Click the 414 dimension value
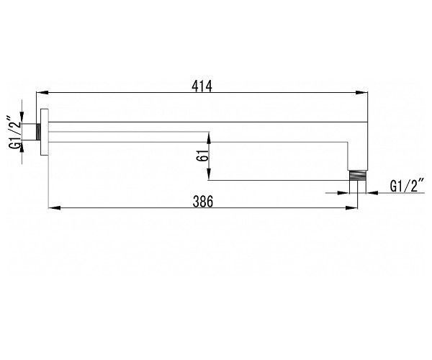(x=202, y=86)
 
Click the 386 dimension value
(x=203, y=202)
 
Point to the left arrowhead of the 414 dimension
(x=42, y=93)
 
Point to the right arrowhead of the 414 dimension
(x=361, y=93)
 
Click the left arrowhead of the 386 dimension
(x=55, y=207)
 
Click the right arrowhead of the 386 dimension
(x=351, y=207)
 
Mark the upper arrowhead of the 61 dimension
(x=209, y=138)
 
